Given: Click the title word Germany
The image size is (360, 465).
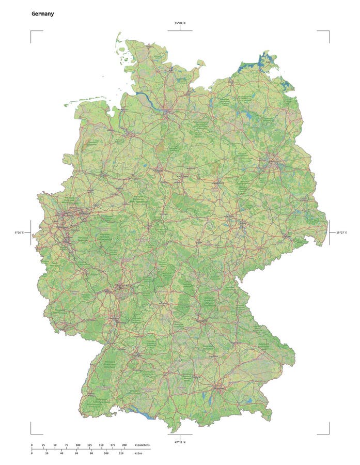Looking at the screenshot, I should pos(42,14).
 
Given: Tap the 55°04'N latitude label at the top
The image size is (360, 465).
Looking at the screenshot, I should pos(180,23).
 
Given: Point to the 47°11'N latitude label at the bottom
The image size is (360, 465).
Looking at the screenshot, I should pos(180,442).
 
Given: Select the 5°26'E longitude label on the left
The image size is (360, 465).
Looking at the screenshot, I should pos(19,233).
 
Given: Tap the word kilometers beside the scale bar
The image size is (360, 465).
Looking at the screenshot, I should pos(142,445).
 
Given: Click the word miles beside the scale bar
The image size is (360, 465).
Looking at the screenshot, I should pos(138,454).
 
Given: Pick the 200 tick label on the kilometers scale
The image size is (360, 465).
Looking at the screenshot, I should pos(124,445).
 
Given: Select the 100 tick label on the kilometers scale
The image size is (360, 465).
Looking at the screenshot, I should pos(78,445).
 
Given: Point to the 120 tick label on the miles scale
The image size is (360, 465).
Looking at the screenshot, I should pos(121,454).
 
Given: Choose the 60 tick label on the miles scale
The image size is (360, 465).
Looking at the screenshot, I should pos(76,454).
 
